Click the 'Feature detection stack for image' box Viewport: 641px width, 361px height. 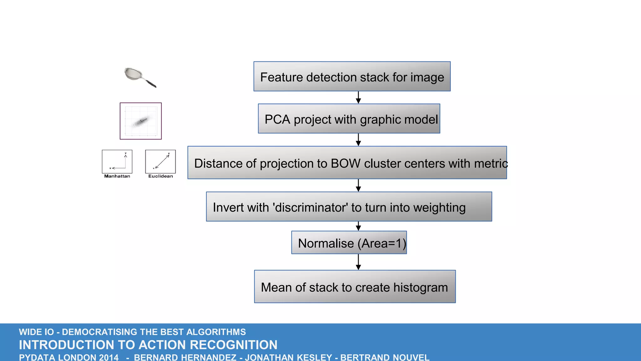[352, 77]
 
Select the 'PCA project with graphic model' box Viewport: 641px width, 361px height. [349, 119]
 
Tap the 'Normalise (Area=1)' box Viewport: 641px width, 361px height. [349, 243]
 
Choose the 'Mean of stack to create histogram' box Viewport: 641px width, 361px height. [355, 287]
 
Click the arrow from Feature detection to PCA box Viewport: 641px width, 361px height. [358, 97]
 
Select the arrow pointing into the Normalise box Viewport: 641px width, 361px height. [358, 226]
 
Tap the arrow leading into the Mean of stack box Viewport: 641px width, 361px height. [358, 262]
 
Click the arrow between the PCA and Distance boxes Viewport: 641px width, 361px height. [358, 140]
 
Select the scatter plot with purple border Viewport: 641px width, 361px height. [141, 121]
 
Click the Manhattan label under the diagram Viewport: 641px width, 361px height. [117, 176]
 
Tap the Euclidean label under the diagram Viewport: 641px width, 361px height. [161, 176]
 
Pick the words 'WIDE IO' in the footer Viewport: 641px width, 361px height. [36, 332]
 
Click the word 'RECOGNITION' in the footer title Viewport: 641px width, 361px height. [233, 345]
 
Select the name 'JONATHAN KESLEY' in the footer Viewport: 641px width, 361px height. [288, 357]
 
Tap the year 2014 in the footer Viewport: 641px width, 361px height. [109, 357]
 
